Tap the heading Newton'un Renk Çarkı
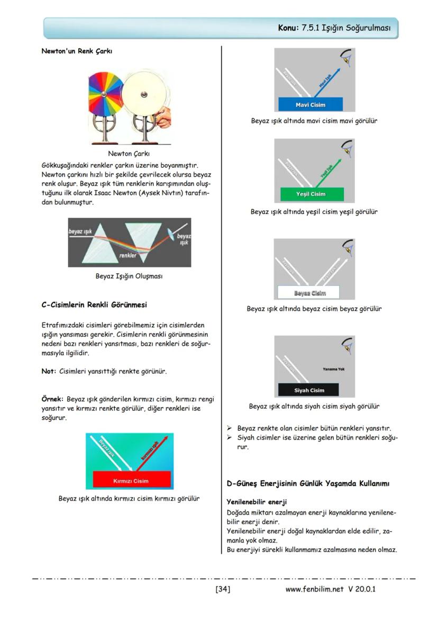(x=77, y=51)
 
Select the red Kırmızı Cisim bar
(x=132, y=480)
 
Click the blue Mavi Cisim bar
(x=310, y=104)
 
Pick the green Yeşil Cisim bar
(x=310, y=194)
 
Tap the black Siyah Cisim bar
(x=309, y=390)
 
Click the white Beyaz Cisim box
(x=309, y=293)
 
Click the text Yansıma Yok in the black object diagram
(x=333, y=369)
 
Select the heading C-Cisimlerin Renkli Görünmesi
(x=94, y=305)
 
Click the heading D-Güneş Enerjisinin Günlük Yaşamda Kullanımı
(x=308, y=483)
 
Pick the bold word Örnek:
(x=52, y=399)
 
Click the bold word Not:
(x=49, y=371)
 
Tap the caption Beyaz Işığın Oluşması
(x=129, y=276)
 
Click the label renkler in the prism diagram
(x=127, y=256)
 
